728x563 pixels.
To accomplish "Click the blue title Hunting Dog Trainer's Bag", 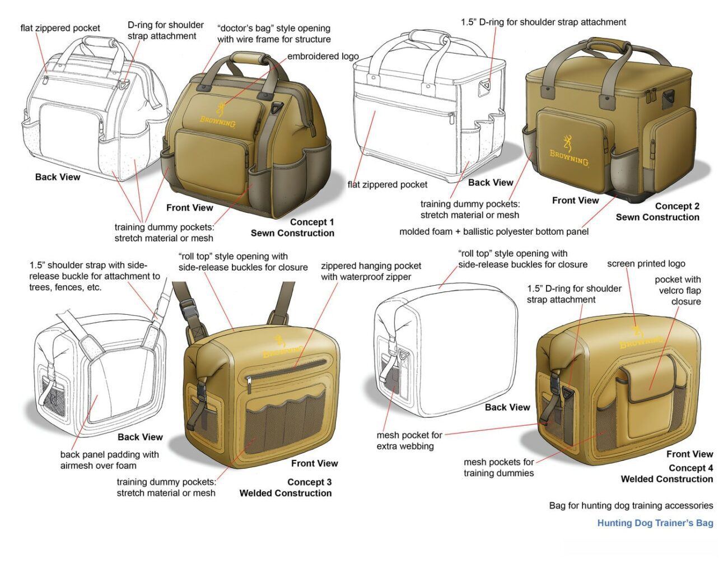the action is coord(655,523).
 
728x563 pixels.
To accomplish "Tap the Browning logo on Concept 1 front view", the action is coord(218,115).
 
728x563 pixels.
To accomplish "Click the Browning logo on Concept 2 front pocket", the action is coord(569,151).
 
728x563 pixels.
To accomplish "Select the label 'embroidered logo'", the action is coord(323,56).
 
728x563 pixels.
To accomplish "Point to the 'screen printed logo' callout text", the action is coord(646,264).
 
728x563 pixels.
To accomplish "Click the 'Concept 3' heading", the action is coord(309,482).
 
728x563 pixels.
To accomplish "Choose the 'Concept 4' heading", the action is coord(691,468).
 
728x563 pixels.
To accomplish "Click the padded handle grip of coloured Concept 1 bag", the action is coord(249,58).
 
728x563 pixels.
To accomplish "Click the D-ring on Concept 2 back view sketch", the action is coord(484,86).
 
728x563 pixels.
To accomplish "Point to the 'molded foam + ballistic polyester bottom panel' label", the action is coord(494,231).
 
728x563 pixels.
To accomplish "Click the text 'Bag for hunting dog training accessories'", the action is coord(631,505).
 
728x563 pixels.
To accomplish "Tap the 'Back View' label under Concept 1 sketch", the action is coord(58,177).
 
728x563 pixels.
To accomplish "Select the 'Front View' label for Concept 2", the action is coord(575,201).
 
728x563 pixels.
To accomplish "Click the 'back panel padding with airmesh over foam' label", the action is coord(109,460).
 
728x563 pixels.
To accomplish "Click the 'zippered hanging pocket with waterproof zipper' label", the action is coord(371,271).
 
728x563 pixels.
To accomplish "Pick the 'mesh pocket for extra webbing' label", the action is coord(409,440).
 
